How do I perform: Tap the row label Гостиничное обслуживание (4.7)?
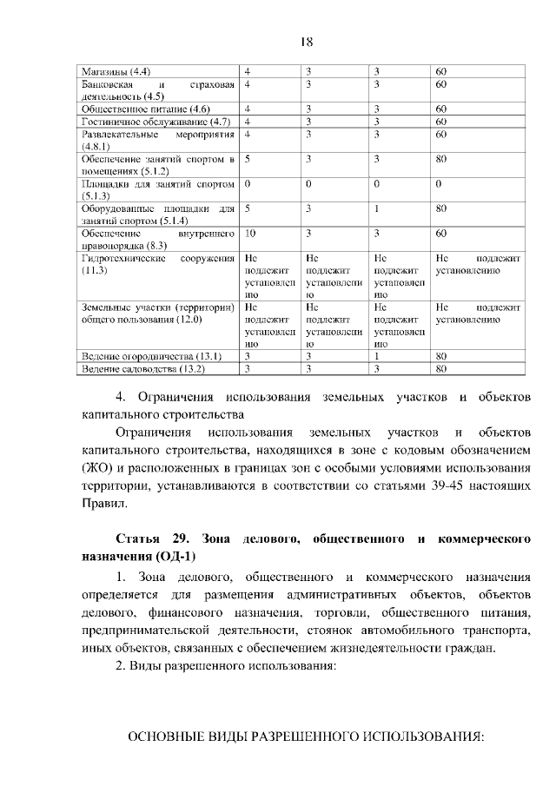pyautogui.click(x=155, y=122)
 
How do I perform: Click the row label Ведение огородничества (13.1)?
pyautogui.click(x=151, y=357)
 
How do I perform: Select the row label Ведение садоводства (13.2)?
pyautogui.click(x=142, y=369)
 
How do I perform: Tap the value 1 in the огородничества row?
pyautogui.click(x=377, y=357)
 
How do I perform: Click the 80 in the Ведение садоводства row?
pyautogui.click(x=440, y=369)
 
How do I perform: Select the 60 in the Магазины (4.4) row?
pyautogui.click(x=440, y=70)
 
